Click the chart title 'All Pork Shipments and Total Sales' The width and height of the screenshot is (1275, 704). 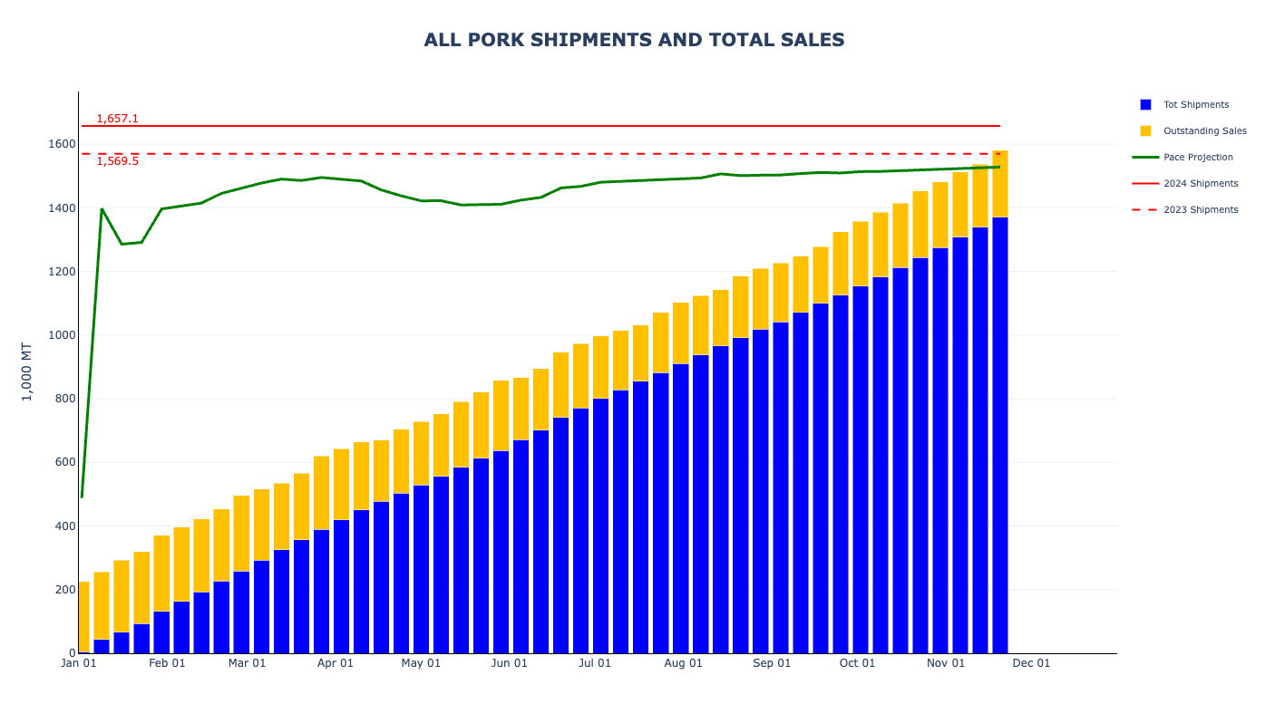point(634,40)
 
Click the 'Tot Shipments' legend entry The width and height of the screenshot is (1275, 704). point(1196,105)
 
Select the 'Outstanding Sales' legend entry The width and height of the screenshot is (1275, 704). point(1204,131)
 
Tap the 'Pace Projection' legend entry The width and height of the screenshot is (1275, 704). point(1198,158)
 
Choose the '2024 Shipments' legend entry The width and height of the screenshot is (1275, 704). point(1201,184)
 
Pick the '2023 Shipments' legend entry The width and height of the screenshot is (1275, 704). point(1201,210)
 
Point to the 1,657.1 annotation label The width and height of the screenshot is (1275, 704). point(118,119)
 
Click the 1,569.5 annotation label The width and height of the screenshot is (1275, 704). point(118,161)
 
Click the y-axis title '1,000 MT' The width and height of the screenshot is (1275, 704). point(27,371)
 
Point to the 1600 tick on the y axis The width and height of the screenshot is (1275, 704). point(62,144)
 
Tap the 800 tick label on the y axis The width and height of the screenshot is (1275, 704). point(64,399)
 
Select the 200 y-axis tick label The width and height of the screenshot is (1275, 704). point(64,590)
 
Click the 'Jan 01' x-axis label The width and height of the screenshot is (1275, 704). point(79,663)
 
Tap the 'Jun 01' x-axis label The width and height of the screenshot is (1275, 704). point(509,663)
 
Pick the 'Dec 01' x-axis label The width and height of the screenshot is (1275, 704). point(1031,663)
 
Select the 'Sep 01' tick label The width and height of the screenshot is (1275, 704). point(772,663)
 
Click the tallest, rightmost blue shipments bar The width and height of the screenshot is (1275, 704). point(1000,435)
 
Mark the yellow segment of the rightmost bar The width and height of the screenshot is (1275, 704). point(1000,184)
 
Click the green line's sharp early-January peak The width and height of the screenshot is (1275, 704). point(102,209)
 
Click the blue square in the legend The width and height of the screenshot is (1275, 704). point(1145,105)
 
